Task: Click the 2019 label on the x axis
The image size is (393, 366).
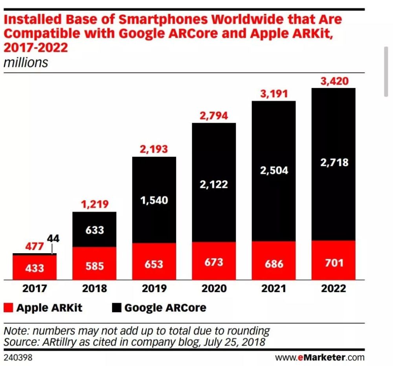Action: (x=154, y=289)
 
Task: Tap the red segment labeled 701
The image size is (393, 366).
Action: (x=333, y=263)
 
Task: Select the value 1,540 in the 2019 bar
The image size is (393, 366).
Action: (x=154, y=200)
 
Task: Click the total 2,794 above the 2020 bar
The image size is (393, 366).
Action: (x=214, y=116)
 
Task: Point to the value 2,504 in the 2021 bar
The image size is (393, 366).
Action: (x=274, y=170)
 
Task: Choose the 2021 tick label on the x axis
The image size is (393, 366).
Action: (x=274, y=289)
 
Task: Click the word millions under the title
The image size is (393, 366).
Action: (x=26, y=63)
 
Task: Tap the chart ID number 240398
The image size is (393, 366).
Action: (x=18, y=358)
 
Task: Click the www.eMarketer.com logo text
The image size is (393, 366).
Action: (x=320, y=358)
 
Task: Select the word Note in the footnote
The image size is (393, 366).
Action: (x=15, y=330)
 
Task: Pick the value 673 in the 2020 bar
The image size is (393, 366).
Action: (x=214, y=262)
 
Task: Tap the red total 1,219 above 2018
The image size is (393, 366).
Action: (x=94, y=205)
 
